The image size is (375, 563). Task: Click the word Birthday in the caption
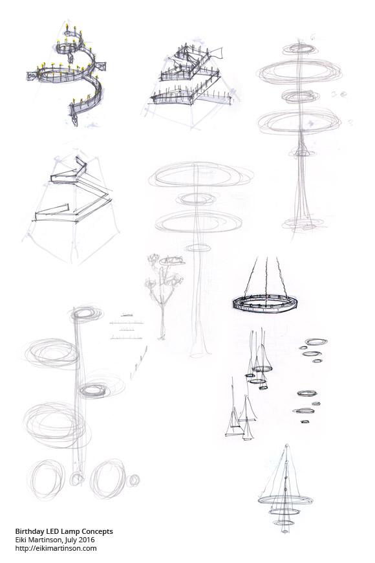coord(28,531)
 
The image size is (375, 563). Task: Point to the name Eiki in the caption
coord(20,540)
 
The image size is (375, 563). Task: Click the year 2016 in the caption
coord(87,540)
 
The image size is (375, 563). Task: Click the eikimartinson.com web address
coord(56,548)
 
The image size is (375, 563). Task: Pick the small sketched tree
coord(164,295)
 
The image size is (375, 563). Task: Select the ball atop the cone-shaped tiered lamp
coord(286,447)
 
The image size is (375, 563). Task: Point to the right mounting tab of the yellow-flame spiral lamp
coord(100,66)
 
